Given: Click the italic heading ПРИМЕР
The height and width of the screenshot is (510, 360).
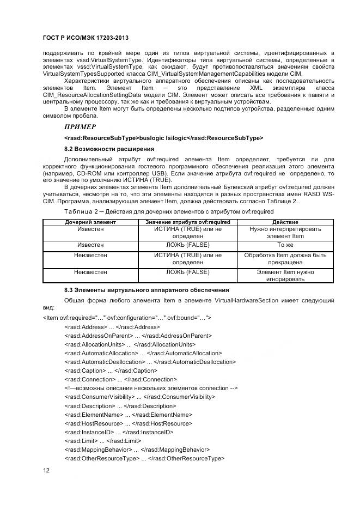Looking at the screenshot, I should click(x=80, y=126).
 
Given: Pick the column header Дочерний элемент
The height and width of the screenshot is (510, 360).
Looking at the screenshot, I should click(x=83, y=222).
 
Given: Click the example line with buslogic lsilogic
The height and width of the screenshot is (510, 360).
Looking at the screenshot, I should click(x=163, y=137).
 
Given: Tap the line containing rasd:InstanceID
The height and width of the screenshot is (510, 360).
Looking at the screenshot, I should click(x=119, y=432).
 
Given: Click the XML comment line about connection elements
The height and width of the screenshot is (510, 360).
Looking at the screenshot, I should click(x=150, y=388).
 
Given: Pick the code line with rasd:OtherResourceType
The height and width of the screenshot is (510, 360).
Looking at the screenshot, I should click(x=144, y=459).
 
